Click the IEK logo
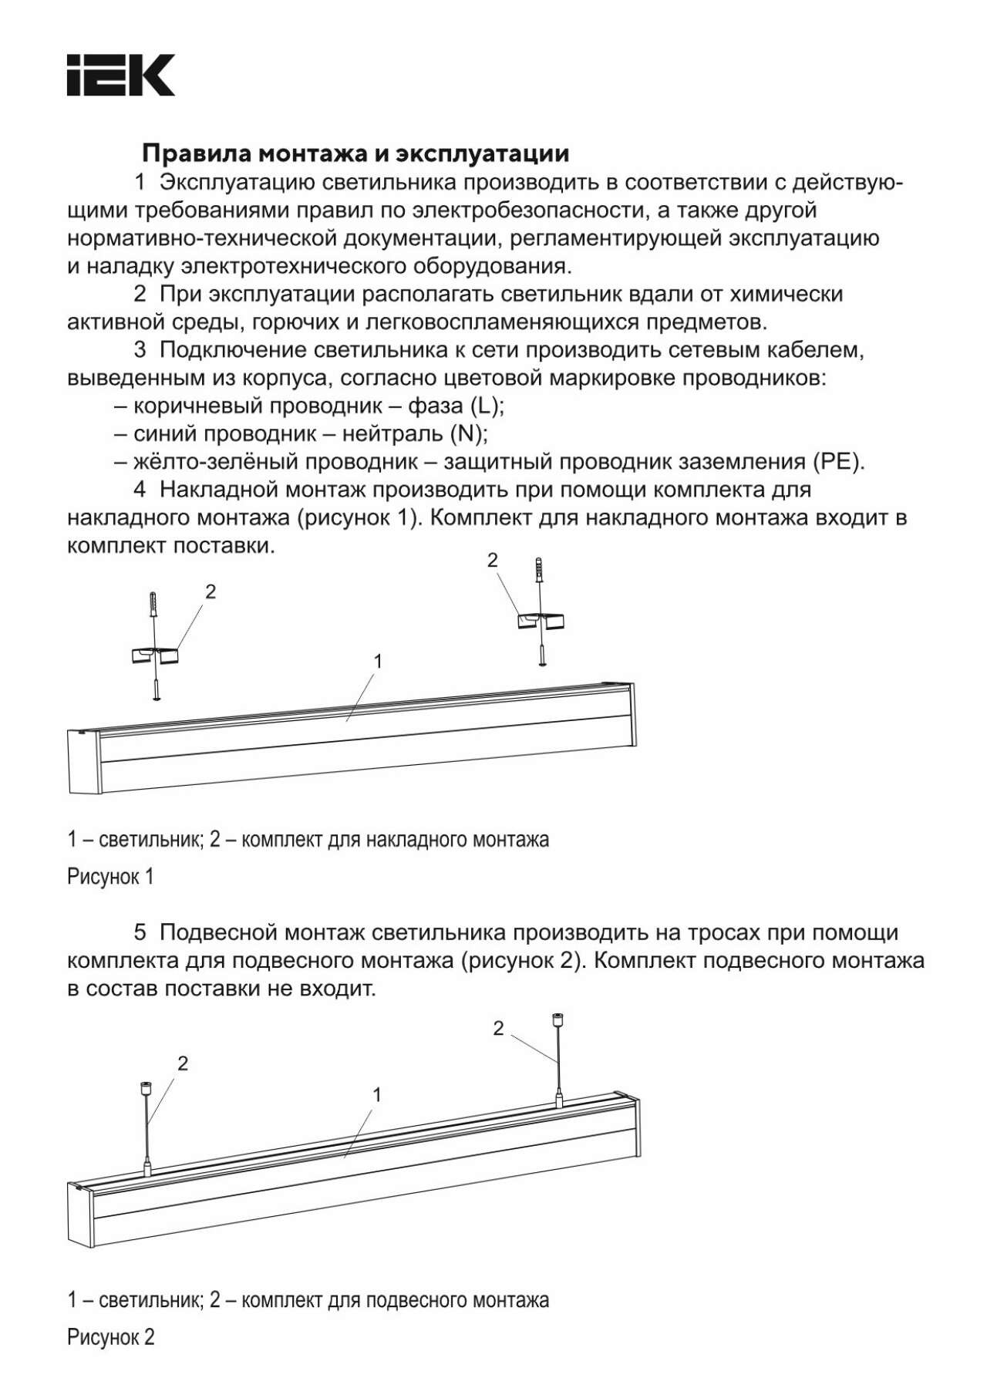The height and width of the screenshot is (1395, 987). pos(120,75)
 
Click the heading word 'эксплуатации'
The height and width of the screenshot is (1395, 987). pos(483,153)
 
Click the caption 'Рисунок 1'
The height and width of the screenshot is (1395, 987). pos(110,877)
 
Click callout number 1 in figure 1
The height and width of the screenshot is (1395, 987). pos(378,661)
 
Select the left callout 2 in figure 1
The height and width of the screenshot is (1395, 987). pos(211,591)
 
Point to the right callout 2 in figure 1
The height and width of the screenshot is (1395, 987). pos(493,561)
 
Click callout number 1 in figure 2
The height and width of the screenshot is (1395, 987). pos(377,1095)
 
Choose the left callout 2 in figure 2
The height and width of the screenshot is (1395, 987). pos(183,1064)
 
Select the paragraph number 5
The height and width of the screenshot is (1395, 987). pos(140,932)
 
